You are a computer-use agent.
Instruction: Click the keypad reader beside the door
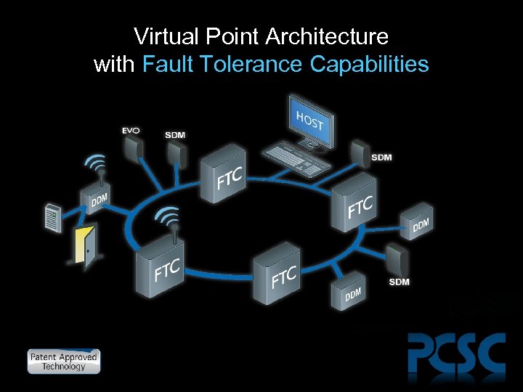[x=52, y=219]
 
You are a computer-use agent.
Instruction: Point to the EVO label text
[x=131, y=131]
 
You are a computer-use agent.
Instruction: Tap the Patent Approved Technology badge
[x=63, y=361]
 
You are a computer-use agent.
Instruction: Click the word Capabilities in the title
[x=369, y=65]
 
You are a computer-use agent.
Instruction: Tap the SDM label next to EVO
[x=174, y=135]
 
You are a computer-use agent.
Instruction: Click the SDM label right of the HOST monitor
[x=381, y=158]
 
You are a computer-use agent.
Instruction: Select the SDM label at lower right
[x=399, y=282]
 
